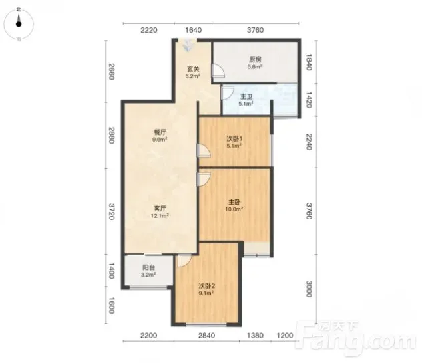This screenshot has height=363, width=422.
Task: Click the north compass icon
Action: click(x=19, y=23)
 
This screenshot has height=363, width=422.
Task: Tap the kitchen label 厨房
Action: click(x=255, y=59)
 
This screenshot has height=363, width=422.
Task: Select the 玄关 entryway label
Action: click(x=193, y=69)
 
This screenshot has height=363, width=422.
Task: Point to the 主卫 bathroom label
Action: click(x=246, y=96)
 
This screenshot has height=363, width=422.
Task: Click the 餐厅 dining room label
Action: click(x=160, y=132)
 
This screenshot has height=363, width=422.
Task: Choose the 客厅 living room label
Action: click(x=160, y=209)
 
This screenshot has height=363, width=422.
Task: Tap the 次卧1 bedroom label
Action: click(x=234, y=139)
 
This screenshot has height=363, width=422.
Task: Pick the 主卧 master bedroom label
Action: click(x=234, y=202)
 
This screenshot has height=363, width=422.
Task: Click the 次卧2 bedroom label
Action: click(x=207, y=286)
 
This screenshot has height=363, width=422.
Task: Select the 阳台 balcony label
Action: click(x=148, y=267)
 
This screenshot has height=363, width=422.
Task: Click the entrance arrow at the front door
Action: click(x=188, y=45)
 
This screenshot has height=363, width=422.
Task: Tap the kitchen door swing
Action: click(x=218, y=71)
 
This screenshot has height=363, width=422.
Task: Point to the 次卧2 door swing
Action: click(x=184, y=260)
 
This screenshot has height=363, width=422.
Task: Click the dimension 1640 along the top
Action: click(x=193, y=30)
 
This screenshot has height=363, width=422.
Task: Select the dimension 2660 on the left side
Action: click(x=111, y=71)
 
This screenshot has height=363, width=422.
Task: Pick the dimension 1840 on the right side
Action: click(x=310, y=62)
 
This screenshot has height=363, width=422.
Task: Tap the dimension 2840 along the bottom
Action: click(x=207, y=335)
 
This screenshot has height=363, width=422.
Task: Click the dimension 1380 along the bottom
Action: click(x=256, y=335)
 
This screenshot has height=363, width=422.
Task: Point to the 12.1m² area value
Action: click(x=160, y=215)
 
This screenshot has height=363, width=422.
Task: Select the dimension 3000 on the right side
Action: click(x=310, y=289)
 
